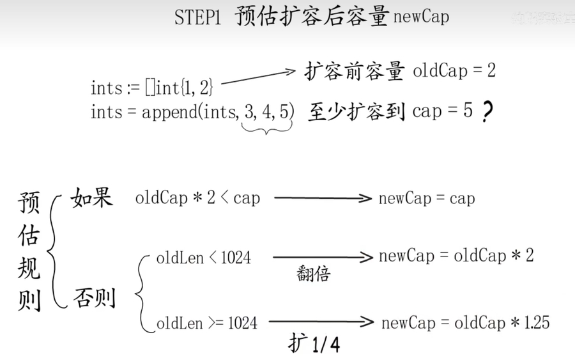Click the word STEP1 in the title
pyautogui.click(x=198, y=17)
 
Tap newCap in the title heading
pyautogui.click(x=422, y=17)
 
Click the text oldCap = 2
pyautogui.click(x=454, y=70)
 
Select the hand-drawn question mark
pyautogui.click(x=487, y=111)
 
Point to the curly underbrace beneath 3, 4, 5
pyautogui.click(x=266, y=128)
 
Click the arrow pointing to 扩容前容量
pyautogui.click(x=259, y=76)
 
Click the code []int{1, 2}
pyautogui.click(x=179, y=88)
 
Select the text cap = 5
pyautogui.click(x=442, y=111)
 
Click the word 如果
pyautogui.click(x=91, y=198)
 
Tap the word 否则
pyautogui.click(x=95, y=297)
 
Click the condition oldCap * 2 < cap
pyautogui.click(x=197, y=198)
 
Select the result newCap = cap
pyautogui.click(x=427, y=198)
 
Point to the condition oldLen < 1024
pyautogui.click(x=204, y=258)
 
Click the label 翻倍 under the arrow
pyautogui.click(x=314, y=274)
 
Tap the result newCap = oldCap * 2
pyautogui.click(x=456, y=255)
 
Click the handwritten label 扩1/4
pyautogui.click(x=314, y=344)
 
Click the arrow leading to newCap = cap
pyautogui.click(x=323, y=198)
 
